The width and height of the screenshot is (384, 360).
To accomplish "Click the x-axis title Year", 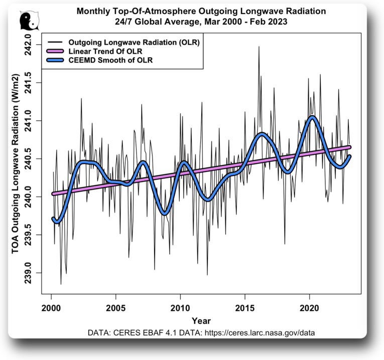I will coord(201,321).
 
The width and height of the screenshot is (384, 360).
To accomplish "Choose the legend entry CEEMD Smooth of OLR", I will coord(110,60).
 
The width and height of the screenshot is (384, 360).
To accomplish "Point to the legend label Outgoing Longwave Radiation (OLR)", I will coord(134,43).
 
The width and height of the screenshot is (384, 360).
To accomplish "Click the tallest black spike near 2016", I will coord(259,47).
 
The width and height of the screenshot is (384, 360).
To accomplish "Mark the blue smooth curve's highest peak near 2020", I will coord(313,117).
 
